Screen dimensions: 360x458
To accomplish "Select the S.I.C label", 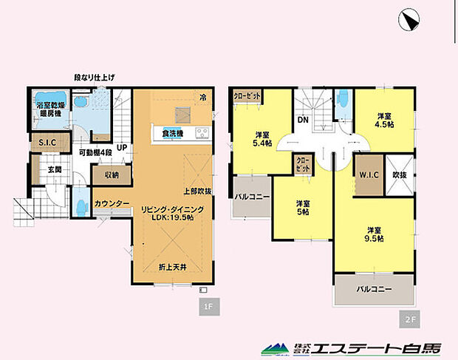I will pyautogui.click(x=40, y=143).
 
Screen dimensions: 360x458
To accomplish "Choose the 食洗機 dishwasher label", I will pyautogui.click(x=172, y=134).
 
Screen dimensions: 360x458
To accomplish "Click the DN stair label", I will pyautogui.click(x=303, y=120).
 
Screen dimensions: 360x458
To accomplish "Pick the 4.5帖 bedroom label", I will pyautogui.click(x=383, y=120).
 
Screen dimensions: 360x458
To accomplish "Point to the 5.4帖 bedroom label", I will pyautogui.click(x=261, y=139).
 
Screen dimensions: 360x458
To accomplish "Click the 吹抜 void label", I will pyautogui.click(x=399, y=176).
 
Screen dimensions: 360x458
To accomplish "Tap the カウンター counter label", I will pyautogui.click(x=112, y=203).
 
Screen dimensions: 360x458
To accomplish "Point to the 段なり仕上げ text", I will pyautogui.click(x=94, y=77).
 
